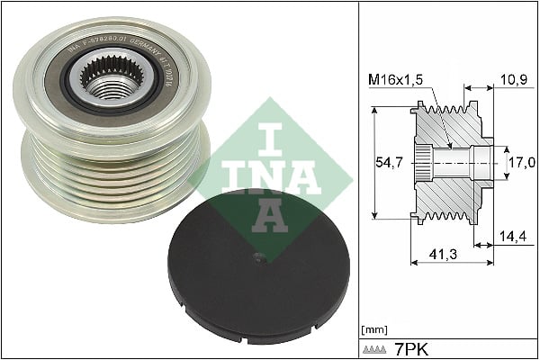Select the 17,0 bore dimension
[x=523, y=162]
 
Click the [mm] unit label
[x=373, y=328]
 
